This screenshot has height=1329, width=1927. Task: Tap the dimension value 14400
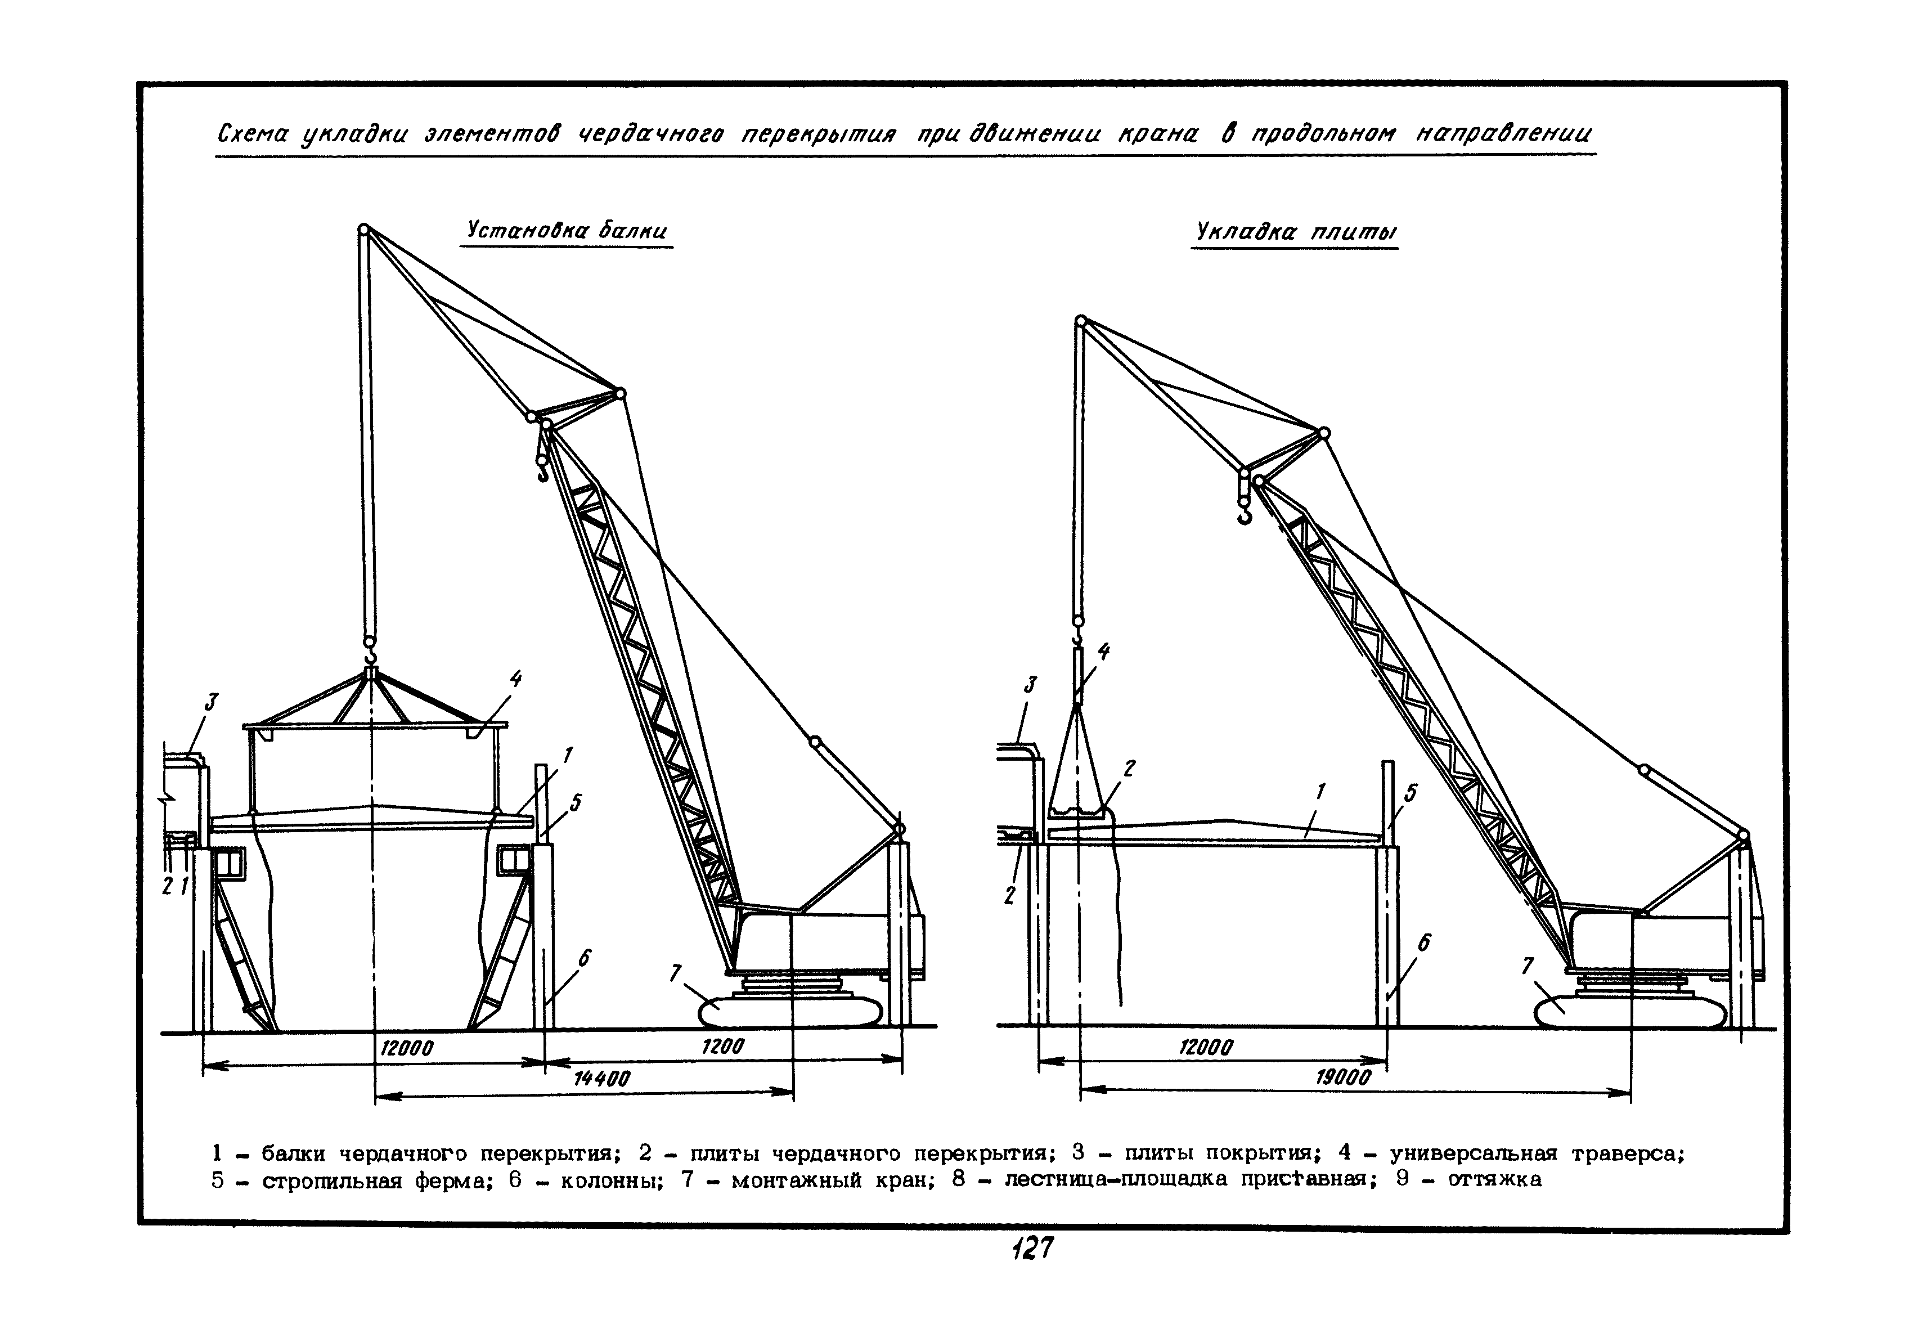click(602, 1079)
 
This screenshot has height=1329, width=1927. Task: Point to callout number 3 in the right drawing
click(1030, 685)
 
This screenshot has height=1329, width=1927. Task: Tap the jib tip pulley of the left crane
click(364, 228)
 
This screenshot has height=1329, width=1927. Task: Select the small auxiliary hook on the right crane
click(1244, 517)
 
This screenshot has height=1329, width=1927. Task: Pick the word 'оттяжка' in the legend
click(1495, 1180)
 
